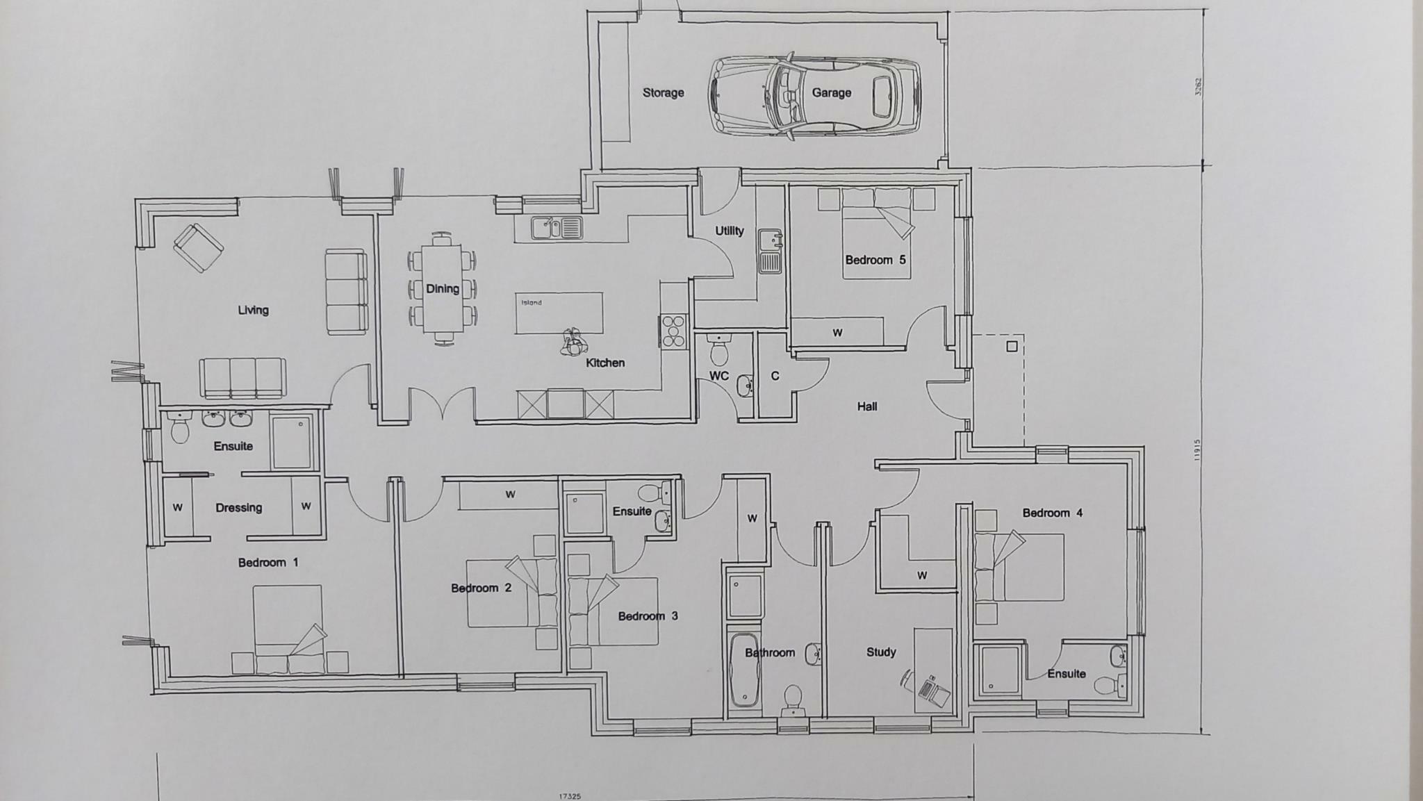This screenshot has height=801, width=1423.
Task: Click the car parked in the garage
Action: click(x=814, y=95)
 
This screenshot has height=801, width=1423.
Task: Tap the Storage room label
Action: click(x=663, y=92)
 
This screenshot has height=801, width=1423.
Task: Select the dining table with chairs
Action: click(x=443, y=288)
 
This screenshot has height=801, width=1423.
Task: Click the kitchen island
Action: click(x=559, y=313)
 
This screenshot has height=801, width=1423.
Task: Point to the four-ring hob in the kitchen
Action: click(x=674, y=331)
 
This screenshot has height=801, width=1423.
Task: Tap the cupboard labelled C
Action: click(x=775, y=376)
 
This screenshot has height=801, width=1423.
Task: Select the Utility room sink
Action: click(x=769, y=251)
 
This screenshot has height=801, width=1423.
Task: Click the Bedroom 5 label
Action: click(x=875, y=260)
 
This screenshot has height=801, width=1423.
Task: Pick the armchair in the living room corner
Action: click(x=198, y=247)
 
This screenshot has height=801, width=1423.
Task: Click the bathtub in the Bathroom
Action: click(x=744, y=669)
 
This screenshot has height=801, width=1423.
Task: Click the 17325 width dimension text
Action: click(x=570, y=796)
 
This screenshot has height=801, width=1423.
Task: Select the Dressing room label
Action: click(x=238, y=508)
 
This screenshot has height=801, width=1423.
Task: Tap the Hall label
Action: click(x=866, y=406)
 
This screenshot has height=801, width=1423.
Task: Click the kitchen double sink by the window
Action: click(x=557, y=227)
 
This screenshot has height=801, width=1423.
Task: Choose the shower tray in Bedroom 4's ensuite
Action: click(x=998, y=670)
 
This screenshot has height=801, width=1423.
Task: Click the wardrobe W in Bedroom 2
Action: click(x=509, y=495)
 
